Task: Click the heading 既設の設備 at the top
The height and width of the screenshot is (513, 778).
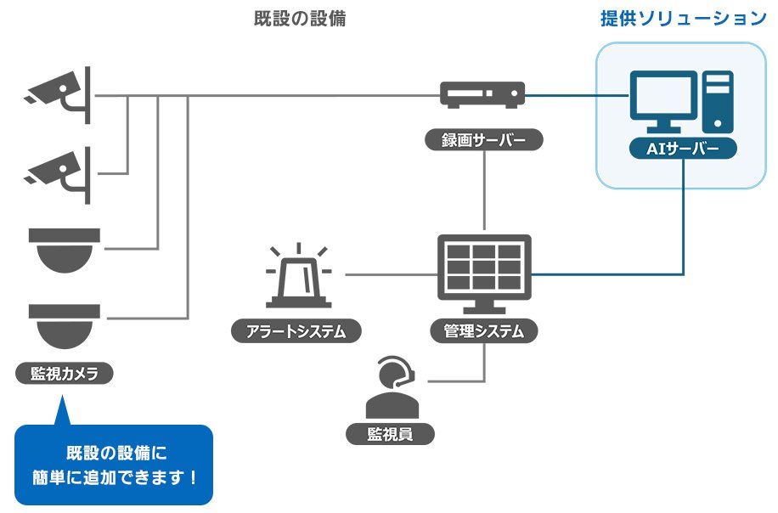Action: tap(300, 20)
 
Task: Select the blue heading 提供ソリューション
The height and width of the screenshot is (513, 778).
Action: tap(684, 19)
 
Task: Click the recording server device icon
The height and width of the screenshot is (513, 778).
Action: tap(482, 93)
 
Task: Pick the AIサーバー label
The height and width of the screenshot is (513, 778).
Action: tap(683, 149)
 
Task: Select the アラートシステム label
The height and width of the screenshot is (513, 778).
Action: tap(296, 330)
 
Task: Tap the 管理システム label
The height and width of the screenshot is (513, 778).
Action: tap(483, 330)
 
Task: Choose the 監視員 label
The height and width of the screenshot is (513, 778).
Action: tap(390, 434)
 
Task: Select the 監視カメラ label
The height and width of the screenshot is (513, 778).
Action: tap(65, 373)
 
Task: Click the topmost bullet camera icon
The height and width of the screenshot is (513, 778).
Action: tap(59, 93)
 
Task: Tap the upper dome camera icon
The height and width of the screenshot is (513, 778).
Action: tap(64, 249)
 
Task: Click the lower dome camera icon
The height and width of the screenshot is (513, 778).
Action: tap(64, 325)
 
